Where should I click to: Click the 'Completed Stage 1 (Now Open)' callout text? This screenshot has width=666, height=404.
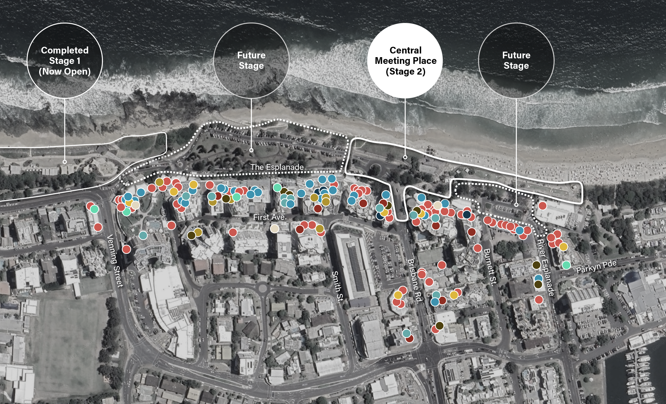[65, 61]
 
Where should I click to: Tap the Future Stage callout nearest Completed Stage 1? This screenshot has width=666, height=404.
[251, 61]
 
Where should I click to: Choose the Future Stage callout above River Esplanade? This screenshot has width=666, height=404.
[516, 61]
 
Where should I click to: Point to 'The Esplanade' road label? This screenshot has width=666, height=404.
[277, 167]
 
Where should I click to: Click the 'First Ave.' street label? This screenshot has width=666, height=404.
[270, 217]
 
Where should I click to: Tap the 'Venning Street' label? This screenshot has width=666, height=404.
[115, 261]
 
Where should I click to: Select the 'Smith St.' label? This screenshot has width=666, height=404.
[338, 287]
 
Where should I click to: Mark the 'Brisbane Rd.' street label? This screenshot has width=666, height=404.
[415, 281]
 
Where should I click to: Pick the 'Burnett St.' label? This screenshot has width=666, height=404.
[489, 267]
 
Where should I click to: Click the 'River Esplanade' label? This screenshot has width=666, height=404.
[545, 268]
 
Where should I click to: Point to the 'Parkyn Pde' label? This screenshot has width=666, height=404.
[596, 267]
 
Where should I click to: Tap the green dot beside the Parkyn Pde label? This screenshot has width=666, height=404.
[566, 265]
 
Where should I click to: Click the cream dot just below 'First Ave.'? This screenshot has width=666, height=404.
[275, 229]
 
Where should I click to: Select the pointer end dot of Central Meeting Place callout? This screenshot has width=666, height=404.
[405, 157]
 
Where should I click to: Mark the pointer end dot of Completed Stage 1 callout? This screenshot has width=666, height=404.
[65, 162]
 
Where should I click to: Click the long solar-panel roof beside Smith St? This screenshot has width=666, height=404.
[356, 266]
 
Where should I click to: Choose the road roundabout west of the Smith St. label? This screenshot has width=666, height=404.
[262, 288]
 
